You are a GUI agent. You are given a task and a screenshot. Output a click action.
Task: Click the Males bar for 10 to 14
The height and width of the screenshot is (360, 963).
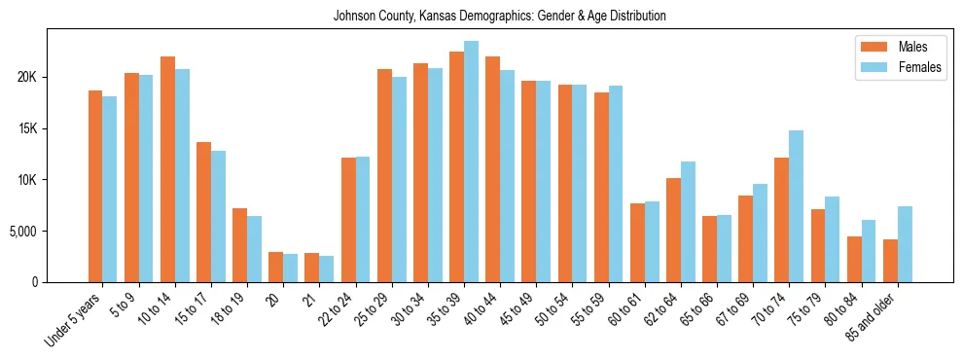click(x=167, y=169)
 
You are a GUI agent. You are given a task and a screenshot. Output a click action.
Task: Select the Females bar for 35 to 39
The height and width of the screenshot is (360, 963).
click(x=471, y=162)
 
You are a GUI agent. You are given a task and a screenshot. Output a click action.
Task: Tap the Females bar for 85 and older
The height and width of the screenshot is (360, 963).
click(x=905, y=244)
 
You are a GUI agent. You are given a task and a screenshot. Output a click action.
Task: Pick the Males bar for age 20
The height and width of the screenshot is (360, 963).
click(x=275, y=268)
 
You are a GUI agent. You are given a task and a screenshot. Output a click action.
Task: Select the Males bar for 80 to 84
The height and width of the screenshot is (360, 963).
click(x=854, y=260)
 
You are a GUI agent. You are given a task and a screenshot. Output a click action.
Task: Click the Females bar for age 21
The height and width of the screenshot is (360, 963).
click(x=326, y=270)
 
